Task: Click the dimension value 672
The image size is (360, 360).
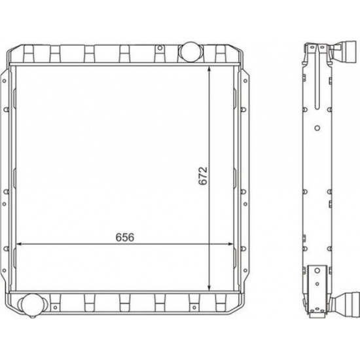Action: [x=203, y=176]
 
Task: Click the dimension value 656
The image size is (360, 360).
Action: [x=125, y=237]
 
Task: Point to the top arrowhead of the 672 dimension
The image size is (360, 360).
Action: [x=209, y=69]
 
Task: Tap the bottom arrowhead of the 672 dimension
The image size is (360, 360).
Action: [x=209, y=287]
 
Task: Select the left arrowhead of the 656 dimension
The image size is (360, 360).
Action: [x=20, y=244]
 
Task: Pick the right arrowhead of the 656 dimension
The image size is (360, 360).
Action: [x=230, y=244]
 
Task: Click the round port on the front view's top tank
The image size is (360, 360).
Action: [x=190, y=52]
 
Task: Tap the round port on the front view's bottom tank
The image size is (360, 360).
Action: [x=33, y=304]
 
